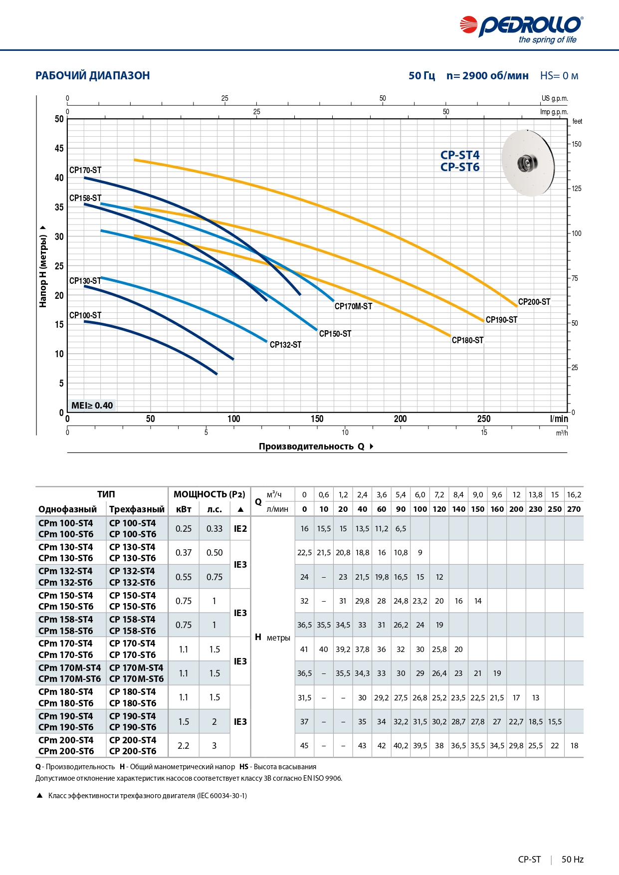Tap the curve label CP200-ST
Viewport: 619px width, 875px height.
click(534, 302)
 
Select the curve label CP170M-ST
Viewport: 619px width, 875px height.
click(353, 306)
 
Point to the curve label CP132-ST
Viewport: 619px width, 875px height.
click(285, 345)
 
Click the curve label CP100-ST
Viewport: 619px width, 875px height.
click(85, 315)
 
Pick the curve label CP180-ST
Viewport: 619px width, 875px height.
click(467, 340)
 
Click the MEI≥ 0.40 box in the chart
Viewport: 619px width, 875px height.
click(92, 405)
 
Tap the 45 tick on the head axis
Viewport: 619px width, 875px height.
click(59, 148)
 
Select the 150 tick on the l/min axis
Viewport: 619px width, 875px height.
click(317, 419)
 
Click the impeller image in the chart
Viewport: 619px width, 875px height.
click(528, 162)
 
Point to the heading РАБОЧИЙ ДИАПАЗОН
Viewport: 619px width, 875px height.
click(93, 76)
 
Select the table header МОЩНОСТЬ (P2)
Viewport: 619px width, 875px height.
click(209, 494)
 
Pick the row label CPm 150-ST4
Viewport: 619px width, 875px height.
click(66, 596)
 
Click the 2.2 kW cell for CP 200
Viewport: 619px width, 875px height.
click(184, 746)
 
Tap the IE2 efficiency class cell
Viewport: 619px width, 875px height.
click(240, 529)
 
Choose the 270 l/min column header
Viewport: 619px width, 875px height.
click(574, 509)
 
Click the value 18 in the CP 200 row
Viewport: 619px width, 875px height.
click(574, 746)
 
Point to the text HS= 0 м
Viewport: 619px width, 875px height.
click(559, 76)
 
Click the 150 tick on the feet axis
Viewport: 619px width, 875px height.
click(577, 144)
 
